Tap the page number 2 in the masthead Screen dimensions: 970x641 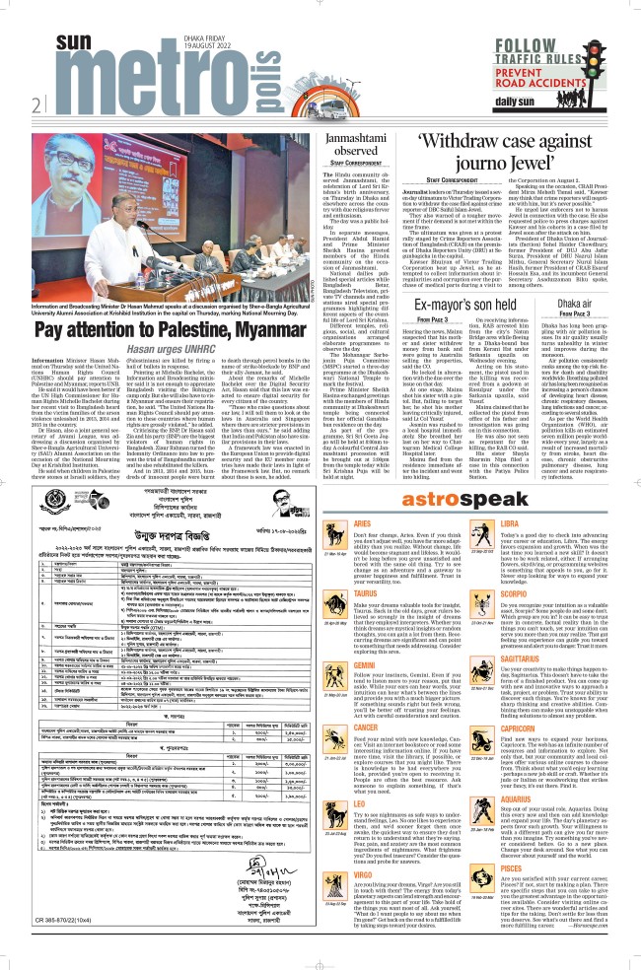[x=36, y=104]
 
